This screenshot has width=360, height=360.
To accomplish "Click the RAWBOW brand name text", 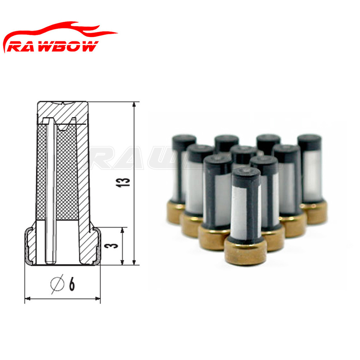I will (53, 46).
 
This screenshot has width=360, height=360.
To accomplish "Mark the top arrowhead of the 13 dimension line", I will (134, 104).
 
